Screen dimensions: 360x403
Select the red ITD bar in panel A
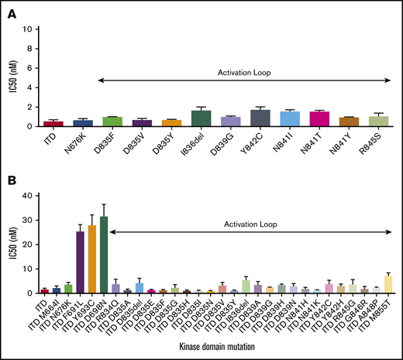click(x=53, y=123)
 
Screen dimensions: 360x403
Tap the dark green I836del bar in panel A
click(x=201, y=118)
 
